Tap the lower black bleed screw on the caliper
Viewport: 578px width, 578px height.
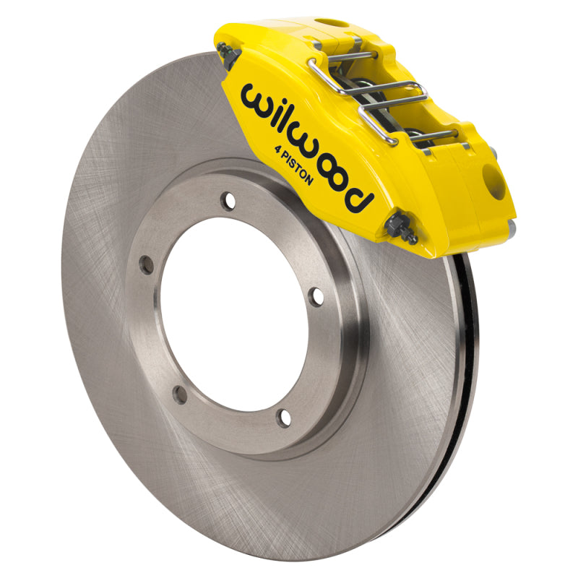(x=402, y=228)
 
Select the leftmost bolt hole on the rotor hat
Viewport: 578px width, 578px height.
(x=147, y=265)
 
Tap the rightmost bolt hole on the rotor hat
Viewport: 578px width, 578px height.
(x=315, y=296)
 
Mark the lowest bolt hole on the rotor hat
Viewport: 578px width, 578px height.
(x=285, y=417)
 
